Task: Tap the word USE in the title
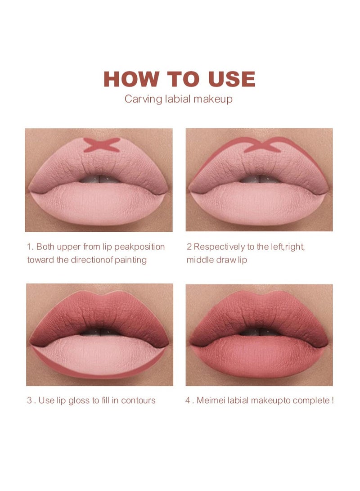(231, 79)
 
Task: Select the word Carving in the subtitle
(142, 99)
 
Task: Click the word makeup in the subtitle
(213, 99)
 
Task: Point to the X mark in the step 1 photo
(102, 145)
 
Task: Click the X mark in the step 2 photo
(262, 145)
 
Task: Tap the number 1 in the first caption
(29, 247)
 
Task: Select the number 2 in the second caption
(189, 247)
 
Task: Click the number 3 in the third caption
(29, 400)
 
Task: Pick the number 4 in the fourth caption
(189, 400)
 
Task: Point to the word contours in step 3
(137, 400)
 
